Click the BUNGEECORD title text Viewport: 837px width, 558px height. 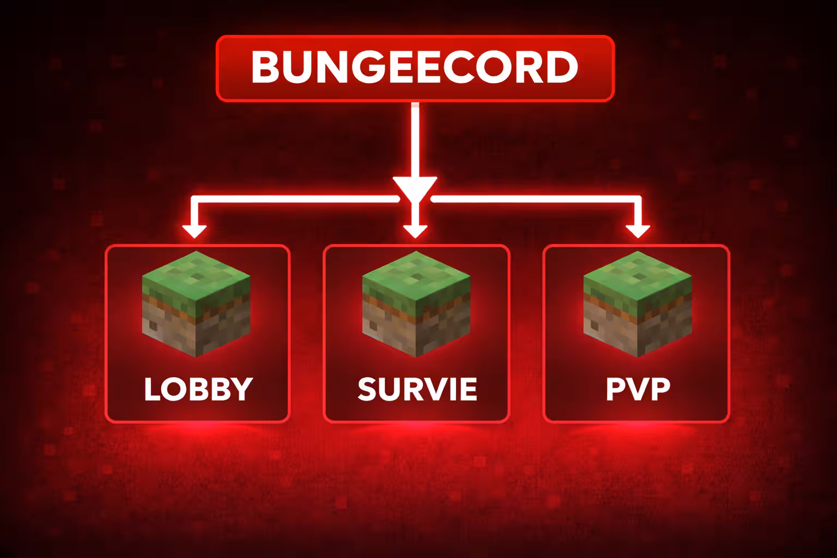415,67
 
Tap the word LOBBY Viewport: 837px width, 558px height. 198,389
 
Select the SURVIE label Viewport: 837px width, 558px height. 417,389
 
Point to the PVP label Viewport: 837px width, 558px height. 638,389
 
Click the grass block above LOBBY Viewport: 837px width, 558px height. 196,304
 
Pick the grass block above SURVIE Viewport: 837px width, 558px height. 416,304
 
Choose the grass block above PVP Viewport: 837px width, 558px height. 638,304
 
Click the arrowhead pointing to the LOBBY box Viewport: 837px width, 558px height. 195,232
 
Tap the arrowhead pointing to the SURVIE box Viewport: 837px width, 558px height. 415,232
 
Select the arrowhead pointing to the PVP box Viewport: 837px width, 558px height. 638,232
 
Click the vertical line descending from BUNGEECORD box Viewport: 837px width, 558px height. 415,140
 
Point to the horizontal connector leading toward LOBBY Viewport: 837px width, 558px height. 295,199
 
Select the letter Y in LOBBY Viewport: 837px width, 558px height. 242,389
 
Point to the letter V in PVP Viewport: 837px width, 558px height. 638,389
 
